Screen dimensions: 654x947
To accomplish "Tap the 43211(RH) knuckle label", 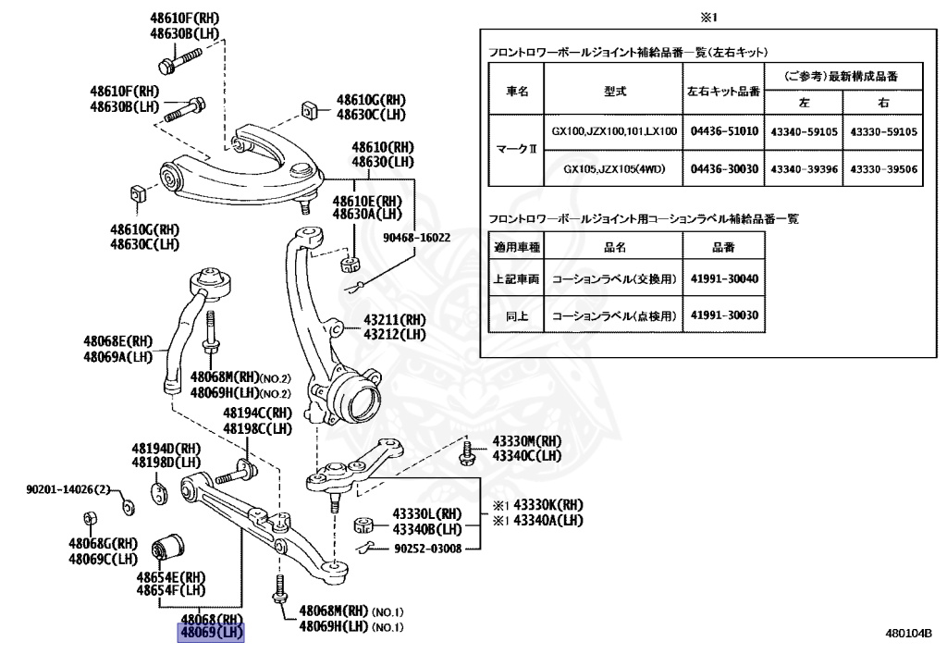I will (x=394, y=320).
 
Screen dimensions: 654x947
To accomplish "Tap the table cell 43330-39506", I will (x=883, y=168).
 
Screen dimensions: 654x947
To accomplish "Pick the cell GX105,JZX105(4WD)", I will (x=612, y=168).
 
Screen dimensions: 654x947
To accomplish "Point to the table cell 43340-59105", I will (x=804, y=131).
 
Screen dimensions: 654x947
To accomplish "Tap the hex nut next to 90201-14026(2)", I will (x=129, y=505).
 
